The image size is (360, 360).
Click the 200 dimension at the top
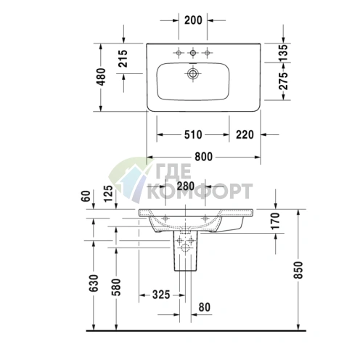pyautogui.click(x=193, y=20)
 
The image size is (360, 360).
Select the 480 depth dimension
pyautogui.click(x=101, y=77)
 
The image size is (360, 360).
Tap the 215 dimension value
pyautogui.click(x=123, y=59)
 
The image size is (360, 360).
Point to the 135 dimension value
pyautogui.click(x=283, y=52)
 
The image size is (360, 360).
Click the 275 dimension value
pyautogui.click(x=283, y=81)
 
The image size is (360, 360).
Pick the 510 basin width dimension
pyautogui.click(x=193, y=135)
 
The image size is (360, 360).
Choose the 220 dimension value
pyautogui.click(x=245, y=135)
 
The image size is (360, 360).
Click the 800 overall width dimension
pyautogui.click(x=204, y=157)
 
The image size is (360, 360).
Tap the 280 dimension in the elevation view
pyautogui.click(x=186, y=186)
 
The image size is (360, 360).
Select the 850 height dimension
pyautogui.click(x=298, y=270)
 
